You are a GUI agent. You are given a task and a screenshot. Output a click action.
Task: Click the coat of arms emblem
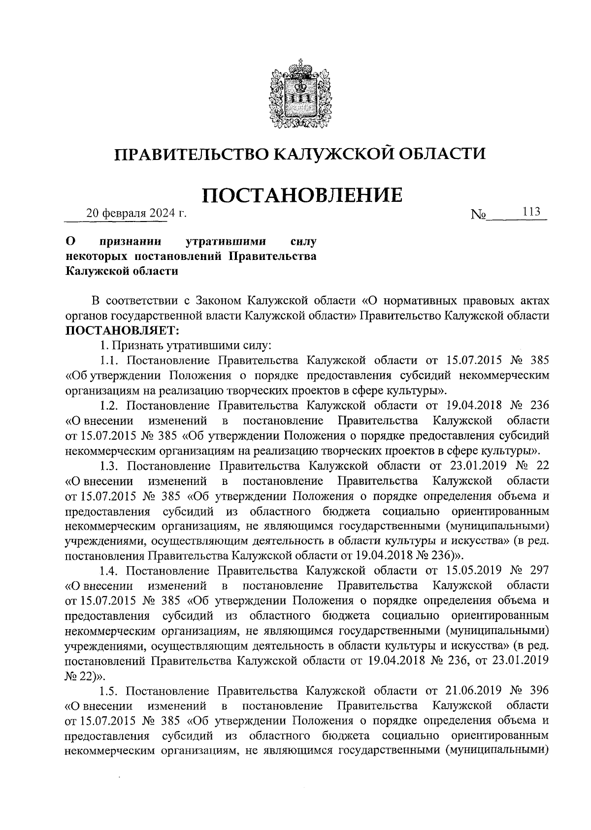point(295,95)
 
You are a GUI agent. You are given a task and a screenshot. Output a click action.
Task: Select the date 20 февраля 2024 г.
point(137,214)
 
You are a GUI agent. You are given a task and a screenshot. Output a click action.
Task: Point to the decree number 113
point(532,212)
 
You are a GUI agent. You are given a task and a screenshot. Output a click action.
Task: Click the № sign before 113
point(478,215)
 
